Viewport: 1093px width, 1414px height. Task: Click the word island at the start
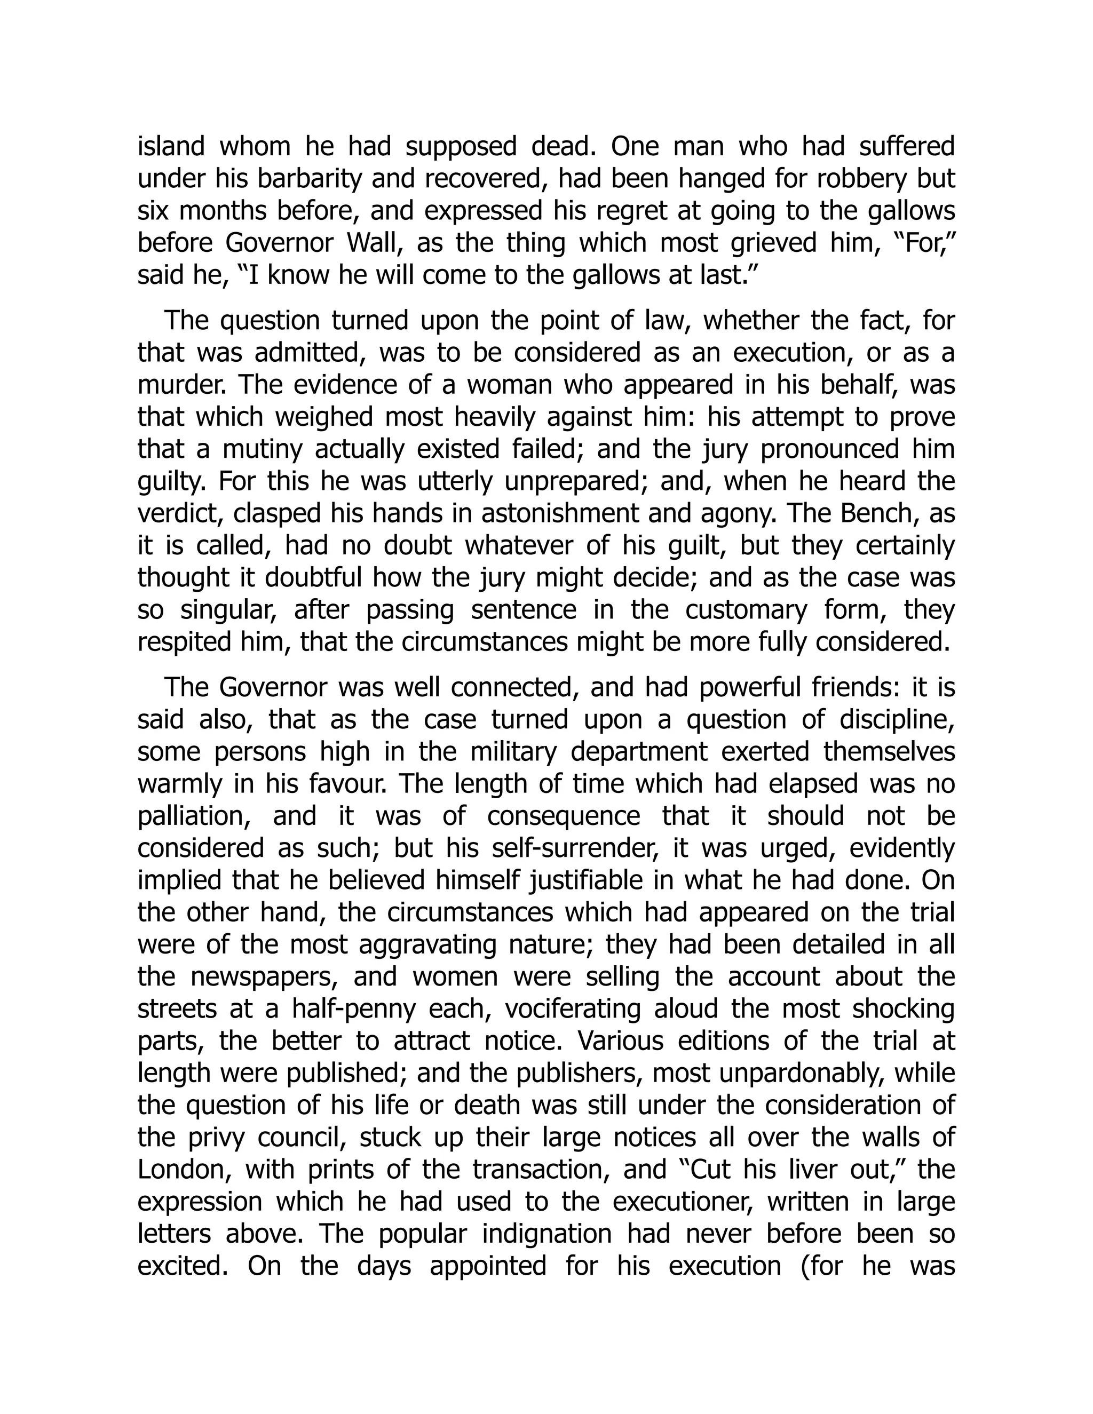tap(170, 146)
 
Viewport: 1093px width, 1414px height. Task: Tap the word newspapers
tap(262, 977)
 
